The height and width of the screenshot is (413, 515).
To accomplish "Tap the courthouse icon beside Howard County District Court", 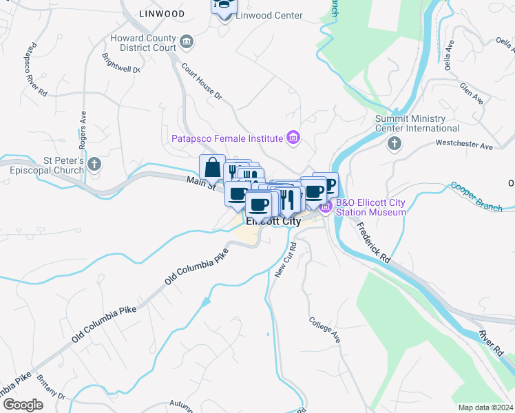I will [187, 44].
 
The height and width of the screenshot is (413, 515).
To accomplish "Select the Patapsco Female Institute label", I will [227, 138].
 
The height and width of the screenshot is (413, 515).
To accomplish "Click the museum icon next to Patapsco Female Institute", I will [293, 138].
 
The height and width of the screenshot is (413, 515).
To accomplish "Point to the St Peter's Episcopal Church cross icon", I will [95, 165].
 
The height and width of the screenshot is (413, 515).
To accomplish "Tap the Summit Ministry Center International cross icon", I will [394, 144].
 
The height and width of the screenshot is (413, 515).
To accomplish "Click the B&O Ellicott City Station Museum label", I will [370, 208].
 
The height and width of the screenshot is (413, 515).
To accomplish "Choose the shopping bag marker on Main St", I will [212, 167].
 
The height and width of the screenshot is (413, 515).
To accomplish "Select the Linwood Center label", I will [269, 15].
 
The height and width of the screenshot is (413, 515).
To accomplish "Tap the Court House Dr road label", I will [202, 82].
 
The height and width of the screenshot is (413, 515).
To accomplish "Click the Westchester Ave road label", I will [465, 145].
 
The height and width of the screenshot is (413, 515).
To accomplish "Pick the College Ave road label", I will [325, 330].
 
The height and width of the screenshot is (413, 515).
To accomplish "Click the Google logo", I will [23, 405].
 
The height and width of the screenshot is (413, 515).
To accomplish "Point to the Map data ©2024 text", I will [485, 407].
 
